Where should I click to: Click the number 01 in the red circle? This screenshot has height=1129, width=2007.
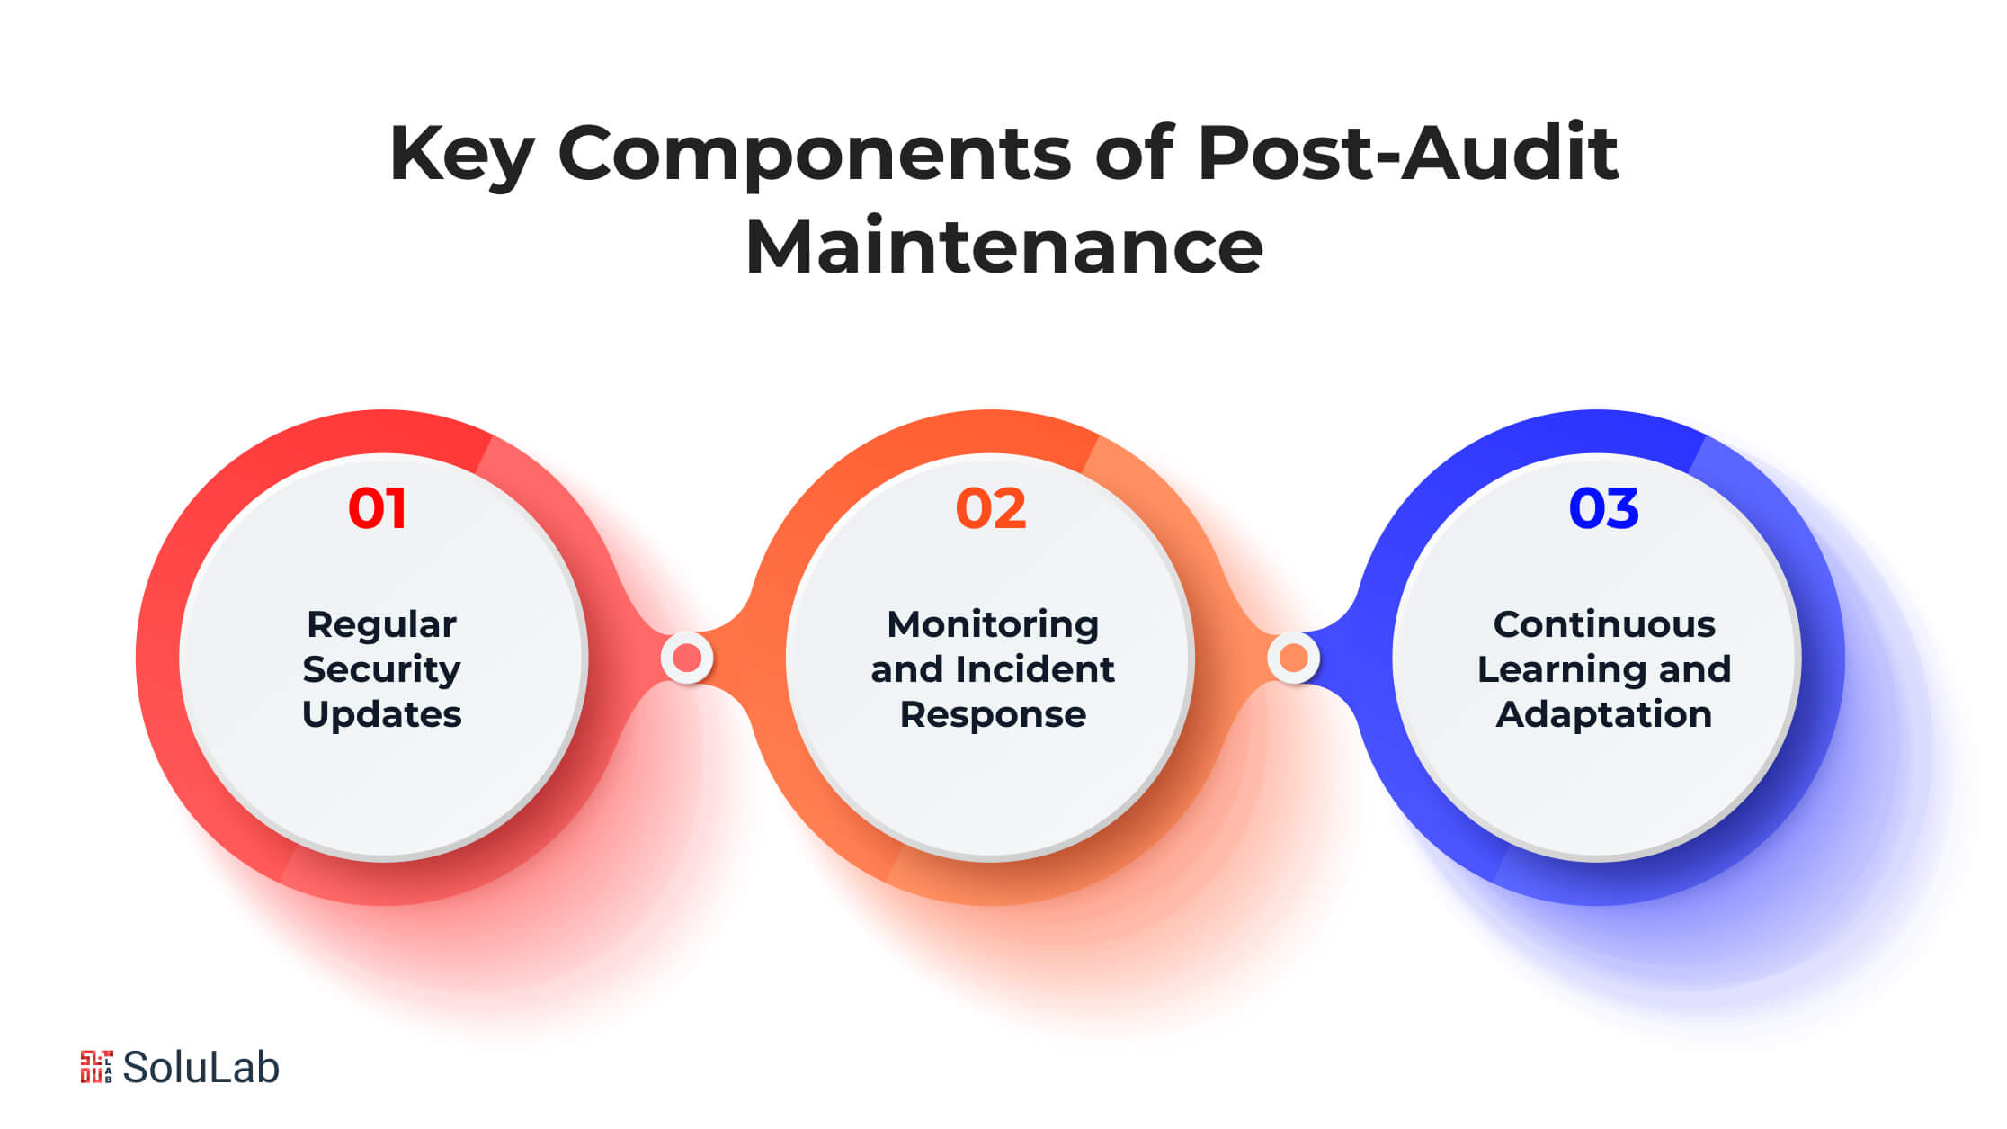click(x=378, y=508)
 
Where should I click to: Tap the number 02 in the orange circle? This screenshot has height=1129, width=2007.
click(x=990, y=508)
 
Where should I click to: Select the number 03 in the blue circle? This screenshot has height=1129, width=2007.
click(x=1603, y=508)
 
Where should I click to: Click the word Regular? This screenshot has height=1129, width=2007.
click(x=381, y=625)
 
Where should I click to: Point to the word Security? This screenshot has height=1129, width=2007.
click(x=381, y=669)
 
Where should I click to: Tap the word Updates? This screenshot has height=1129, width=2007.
click(x=381, y=714)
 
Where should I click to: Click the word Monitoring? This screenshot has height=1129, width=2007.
click(x=993, y=625)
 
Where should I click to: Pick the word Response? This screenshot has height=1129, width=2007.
click(x=993, y=714)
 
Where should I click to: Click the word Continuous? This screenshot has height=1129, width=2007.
click(x=1604, y=624)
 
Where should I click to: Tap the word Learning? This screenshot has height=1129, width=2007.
click(x=1561, y=669)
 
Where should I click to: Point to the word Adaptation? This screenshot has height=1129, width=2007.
click(x=1604, y=714)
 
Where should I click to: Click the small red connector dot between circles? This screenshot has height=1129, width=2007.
click(x=687, y=659)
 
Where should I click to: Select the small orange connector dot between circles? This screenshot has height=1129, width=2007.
click(x=1293, y=659)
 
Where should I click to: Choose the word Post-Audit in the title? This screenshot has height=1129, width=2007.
click(x=1407, y=153)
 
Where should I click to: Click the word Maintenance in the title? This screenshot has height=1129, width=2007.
click(x=1003, y=246)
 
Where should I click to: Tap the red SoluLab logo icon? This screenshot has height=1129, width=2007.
click(x=96, y=1067)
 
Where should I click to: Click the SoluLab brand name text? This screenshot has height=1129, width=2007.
click(x=201, y=1068)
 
